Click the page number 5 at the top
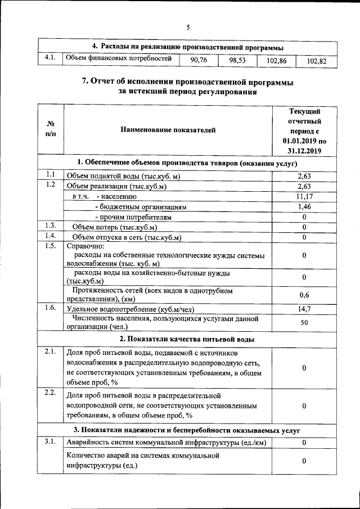click(x=188, y=27)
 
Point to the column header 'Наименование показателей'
click(x=168, y=130)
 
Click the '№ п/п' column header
click(x=51, y=130)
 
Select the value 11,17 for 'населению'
click(x=304, y=196)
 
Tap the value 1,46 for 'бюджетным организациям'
click(x=304, y=207)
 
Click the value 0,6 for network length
click(x=304, y=295)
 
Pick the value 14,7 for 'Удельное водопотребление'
click(x=304, y=309)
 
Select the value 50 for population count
click(x=304, y=323)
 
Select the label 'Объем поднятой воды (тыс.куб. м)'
click(x=123, y=176)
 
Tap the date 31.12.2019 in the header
click(x=304, y=151)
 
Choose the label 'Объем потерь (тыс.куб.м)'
click(x=114, y=227)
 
